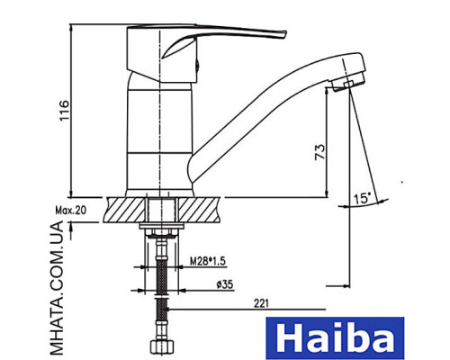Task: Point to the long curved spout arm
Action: (x=261, y=108)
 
